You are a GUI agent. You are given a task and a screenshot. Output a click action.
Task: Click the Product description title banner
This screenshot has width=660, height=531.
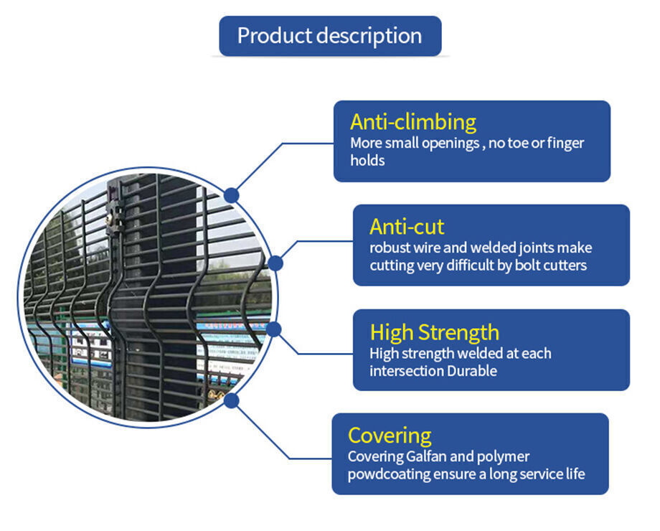(x=330, y=36)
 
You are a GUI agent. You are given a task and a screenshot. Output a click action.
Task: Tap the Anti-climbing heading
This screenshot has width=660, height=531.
(x=412, y=122)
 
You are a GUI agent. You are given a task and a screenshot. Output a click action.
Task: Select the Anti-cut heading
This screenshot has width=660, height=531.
(x=407, y=227)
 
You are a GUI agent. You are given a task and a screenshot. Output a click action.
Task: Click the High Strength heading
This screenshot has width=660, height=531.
(x=434, y=332)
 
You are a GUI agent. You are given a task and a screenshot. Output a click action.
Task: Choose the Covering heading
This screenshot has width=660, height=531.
(x=390, y=436)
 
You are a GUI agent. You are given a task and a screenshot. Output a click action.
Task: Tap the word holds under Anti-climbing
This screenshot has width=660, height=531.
(x=367, y=160)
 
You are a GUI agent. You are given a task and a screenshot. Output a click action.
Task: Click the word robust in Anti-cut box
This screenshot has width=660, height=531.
(x=390, y=248)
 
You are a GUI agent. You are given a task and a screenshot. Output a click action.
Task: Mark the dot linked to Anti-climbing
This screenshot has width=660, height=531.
(x=231, y=194)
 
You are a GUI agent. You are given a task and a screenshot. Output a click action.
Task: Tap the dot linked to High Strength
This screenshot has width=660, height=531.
(x=273, y=329)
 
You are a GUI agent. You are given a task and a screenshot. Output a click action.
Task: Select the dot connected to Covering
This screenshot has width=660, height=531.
(x=231, y=400)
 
